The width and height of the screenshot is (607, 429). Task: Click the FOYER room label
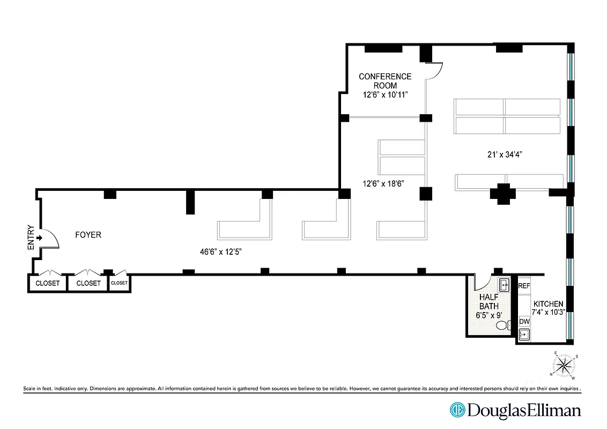[x=88, y=235]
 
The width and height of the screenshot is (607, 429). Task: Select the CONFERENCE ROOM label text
[x=385, y=81]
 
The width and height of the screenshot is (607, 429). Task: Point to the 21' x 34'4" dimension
[x=502, y=154]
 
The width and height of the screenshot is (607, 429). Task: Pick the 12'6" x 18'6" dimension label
[x=383, y=183]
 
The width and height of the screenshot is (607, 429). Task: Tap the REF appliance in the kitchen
[x=524, y=286]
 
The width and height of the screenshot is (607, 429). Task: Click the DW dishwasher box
[x=524, y=322]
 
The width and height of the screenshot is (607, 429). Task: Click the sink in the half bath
[x=505, y=285]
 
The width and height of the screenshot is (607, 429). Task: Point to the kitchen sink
[x=524, y=335]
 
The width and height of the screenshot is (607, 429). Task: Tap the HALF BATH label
[x=489, y=302]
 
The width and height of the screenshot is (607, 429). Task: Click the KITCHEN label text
[x=548, y=304]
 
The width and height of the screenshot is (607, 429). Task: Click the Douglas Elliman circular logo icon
[x=457, y=410]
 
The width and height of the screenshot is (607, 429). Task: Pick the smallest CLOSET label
[x=119, y=283]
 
